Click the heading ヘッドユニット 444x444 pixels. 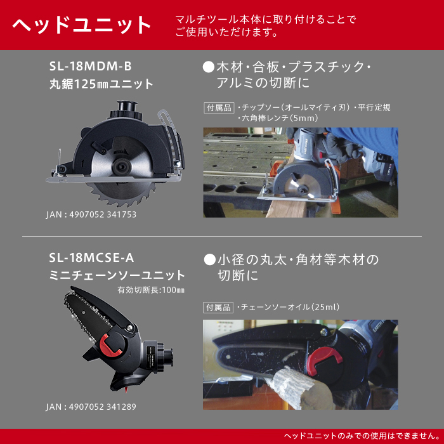click(82, 25)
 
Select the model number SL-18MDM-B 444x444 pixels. click(91, 66)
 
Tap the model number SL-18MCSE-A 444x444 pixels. click(91, 258)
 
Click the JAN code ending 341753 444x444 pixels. click(91, 214)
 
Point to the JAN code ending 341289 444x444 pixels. click(91, 407)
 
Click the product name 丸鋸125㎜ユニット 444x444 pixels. click(101, 84)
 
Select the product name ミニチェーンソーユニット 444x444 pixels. click(117, 275)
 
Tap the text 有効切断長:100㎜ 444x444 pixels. click(151, 290)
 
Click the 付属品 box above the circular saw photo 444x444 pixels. click(219, 108)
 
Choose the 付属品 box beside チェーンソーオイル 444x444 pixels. click(218, 308)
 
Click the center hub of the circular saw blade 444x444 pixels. click(122, 166)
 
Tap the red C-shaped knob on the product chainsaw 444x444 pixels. click(110, 344)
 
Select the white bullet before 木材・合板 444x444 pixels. click(209, 67)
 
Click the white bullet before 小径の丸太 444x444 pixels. click(210, 259)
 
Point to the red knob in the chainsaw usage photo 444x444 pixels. click(324, 360)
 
